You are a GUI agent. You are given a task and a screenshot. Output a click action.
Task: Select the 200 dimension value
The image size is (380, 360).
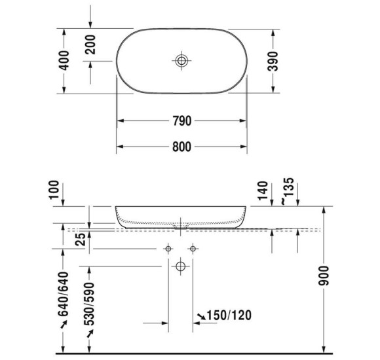pyautogui.click(x=90, y=45)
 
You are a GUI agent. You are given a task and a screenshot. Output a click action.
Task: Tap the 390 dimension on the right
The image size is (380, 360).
pyautogui.click(x=275, y=61)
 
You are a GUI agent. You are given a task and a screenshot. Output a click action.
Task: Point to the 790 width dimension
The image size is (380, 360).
pyautogui.click(x=181, y=121)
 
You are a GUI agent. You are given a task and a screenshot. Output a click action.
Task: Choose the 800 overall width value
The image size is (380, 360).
pyautogui.click(x=181, y=147)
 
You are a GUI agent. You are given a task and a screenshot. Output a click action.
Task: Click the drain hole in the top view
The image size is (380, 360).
pyautogui.click(x=181, y=61)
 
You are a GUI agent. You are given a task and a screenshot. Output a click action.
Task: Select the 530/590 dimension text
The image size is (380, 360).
pyautogui.click(x=90, y=303)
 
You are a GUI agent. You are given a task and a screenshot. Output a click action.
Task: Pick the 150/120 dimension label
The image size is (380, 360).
pyautogui.click(x=229, y=316)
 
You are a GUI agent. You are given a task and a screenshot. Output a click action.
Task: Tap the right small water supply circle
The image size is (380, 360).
pyautogui.click(x=193, y=249)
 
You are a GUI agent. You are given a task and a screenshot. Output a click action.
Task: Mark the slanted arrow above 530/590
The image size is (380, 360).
pyautogui.click(x=90, y=334)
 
